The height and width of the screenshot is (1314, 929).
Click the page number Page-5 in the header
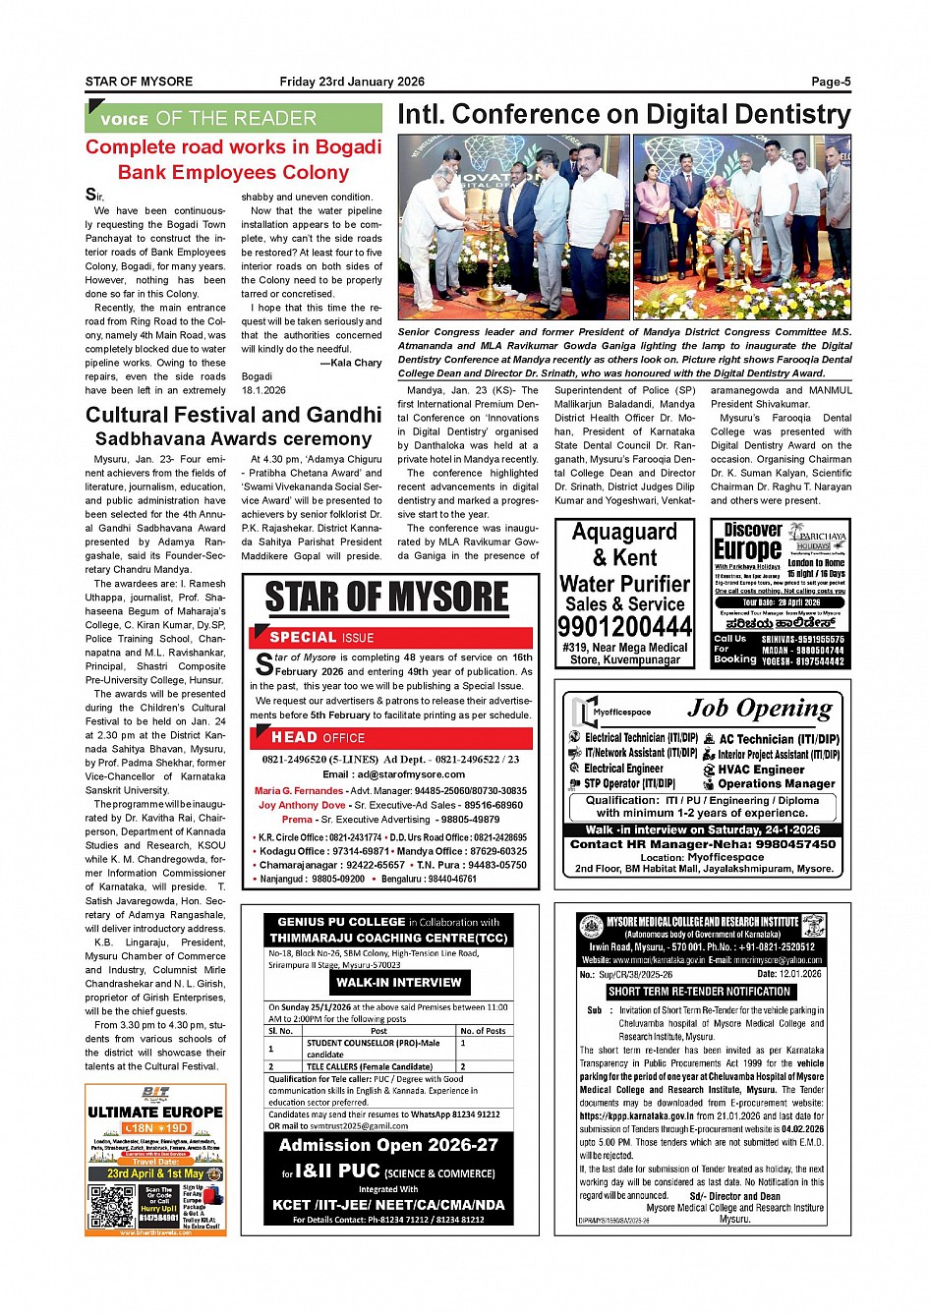(831, 82)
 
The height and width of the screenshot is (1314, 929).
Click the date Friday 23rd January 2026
(352, 82)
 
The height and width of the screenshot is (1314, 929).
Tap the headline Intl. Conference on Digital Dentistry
(623, 115)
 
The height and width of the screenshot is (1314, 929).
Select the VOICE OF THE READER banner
(233, 119)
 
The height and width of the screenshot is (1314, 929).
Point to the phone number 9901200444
(624, 627)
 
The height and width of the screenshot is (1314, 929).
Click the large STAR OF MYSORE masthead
(387, 598)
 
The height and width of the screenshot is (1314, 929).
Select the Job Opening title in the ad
(759, 709)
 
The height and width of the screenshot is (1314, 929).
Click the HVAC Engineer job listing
(760, 770)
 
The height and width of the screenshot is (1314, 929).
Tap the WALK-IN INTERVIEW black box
(398, 982)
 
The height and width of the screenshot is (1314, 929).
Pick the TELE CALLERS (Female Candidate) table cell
(370, 1066)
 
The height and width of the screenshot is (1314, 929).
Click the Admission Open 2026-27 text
(388, 1145)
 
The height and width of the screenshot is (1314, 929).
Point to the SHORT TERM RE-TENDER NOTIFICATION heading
(699, 992)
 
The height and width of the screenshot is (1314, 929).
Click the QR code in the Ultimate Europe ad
(111, 1207)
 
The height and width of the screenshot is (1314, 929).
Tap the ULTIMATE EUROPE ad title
(155, 1113)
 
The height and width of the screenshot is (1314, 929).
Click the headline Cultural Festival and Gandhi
(233, 415)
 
